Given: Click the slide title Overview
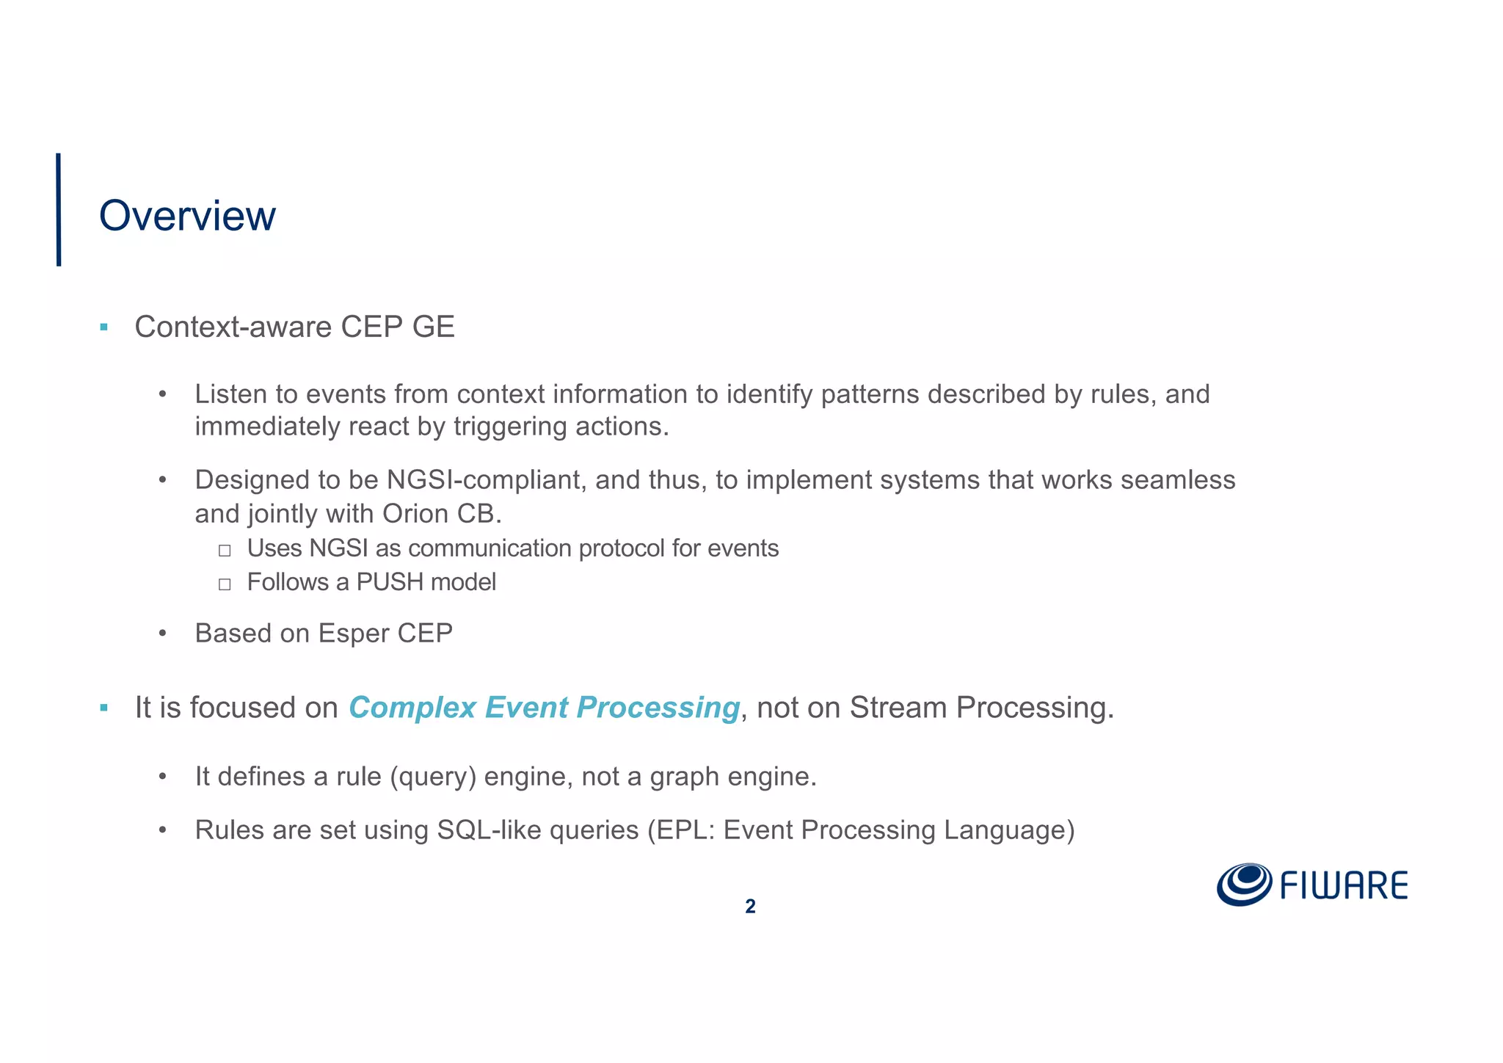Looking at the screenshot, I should [x=187, y=216].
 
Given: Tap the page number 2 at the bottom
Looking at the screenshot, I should [x=750, y=907].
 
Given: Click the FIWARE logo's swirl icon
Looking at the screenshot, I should [x=1244, y=884].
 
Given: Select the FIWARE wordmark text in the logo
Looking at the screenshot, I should [x=1344, y=886].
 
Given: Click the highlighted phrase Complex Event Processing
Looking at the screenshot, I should [x=544, y=708].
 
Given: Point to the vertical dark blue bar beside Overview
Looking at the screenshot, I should [x=59, y=209].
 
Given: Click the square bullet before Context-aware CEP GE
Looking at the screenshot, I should [x=104, y=327].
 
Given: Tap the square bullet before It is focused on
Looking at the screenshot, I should [x=104, y=708].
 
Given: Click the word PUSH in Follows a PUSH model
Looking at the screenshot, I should [x=390, y=582].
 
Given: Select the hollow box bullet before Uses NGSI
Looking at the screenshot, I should [x=225, y=550].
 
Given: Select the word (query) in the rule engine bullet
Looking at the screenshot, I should [x=433, y=777].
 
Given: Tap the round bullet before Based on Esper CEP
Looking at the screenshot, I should [x=163, y=634].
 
